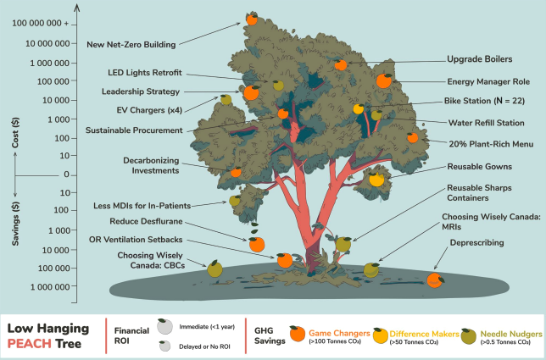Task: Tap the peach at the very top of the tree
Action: point(252,18)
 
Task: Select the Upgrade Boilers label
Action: point(479,59)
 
